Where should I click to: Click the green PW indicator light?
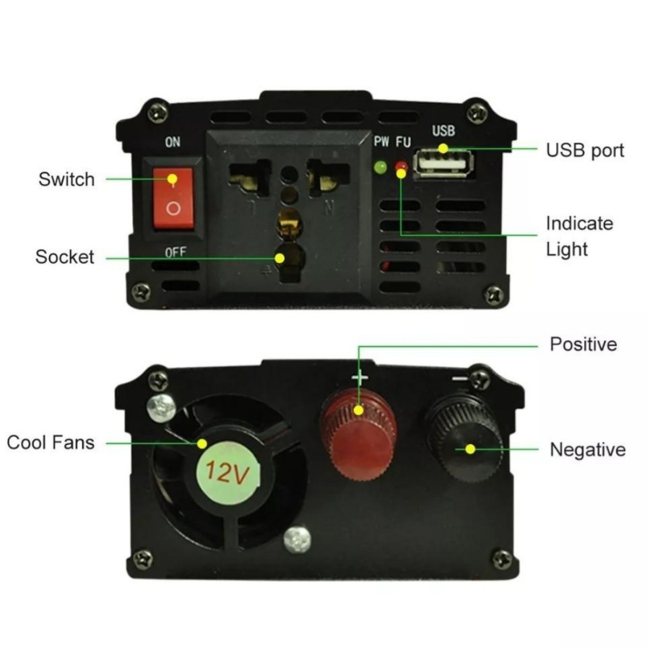pyautogui.click(x=378, y=168)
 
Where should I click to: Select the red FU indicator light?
pyautogui.click(x=401, y=168)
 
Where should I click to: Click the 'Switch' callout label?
pyautogui.click(x=66, y=179)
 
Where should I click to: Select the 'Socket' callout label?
pyautogui.click(x=65, y=257)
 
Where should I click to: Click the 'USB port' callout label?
pyautogui.click(x=584, y=150)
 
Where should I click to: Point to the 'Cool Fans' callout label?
pyautogui.click(x=51, y=442)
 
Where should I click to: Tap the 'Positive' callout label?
pyautogui.click(x=584, y=344)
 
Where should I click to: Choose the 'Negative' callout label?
pyautogui.click(x=587, y=450)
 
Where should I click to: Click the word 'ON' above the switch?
pyautogui.click(x=173, y=142)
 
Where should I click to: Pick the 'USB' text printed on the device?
pyautogui.click(x=443, y=131)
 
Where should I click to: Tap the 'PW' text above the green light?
pyautogui.click(x=381, y=142)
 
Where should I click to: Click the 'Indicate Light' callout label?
pyautogui.click(x=578, y=236)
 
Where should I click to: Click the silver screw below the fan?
pyautogui.click(x=298, y=537)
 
